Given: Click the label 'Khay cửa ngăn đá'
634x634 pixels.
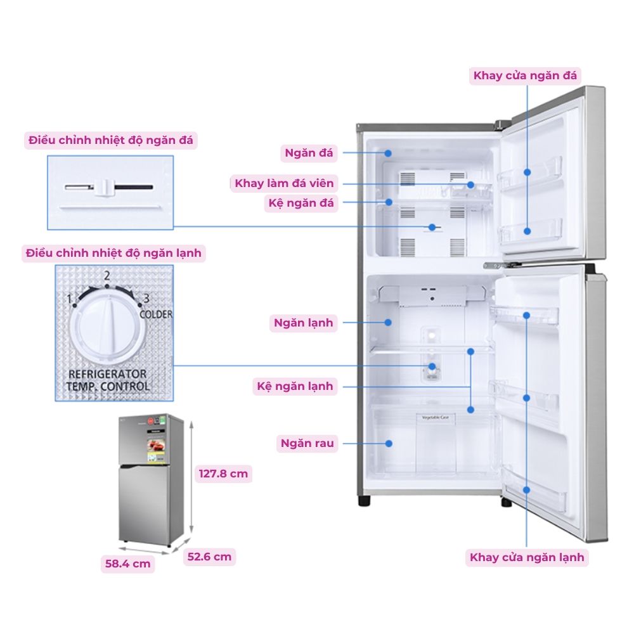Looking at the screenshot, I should coord(525,76).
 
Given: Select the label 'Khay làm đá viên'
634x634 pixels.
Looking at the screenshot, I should coord(284,184).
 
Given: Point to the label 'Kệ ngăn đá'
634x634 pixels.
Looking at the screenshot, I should coord(301,204).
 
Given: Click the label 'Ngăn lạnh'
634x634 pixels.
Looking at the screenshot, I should coord(303,323).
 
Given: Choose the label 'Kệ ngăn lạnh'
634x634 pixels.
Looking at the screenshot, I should coord(295,386).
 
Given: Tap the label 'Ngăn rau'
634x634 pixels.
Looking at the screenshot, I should coord(307,443).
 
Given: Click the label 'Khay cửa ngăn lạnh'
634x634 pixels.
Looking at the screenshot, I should coord(527,558).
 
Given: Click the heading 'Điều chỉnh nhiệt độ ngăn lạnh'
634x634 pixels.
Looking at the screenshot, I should coord(113,253).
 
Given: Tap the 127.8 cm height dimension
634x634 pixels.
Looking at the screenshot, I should coord(224,474).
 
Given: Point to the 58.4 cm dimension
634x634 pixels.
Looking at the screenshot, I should coord(128,563).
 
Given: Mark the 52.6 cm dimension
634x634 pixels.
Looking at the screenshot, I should coord(209,557).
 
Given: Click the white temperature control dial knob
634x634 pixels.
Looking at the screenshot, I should coord(105,327).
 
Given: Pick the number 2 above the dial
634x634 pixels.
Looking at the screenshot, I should coord(107,276).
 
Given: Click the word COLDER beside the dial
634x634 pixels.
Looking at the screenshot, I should coord(155,314).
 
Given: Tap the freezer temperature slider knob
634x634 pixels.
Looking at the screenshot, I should coord(106,187).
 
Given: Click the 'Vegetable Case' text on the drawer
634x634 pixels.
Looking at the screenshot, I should coord(436,417).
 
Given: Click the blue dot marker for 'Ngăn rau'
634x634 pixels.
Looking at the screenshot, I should coord(387,443).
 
